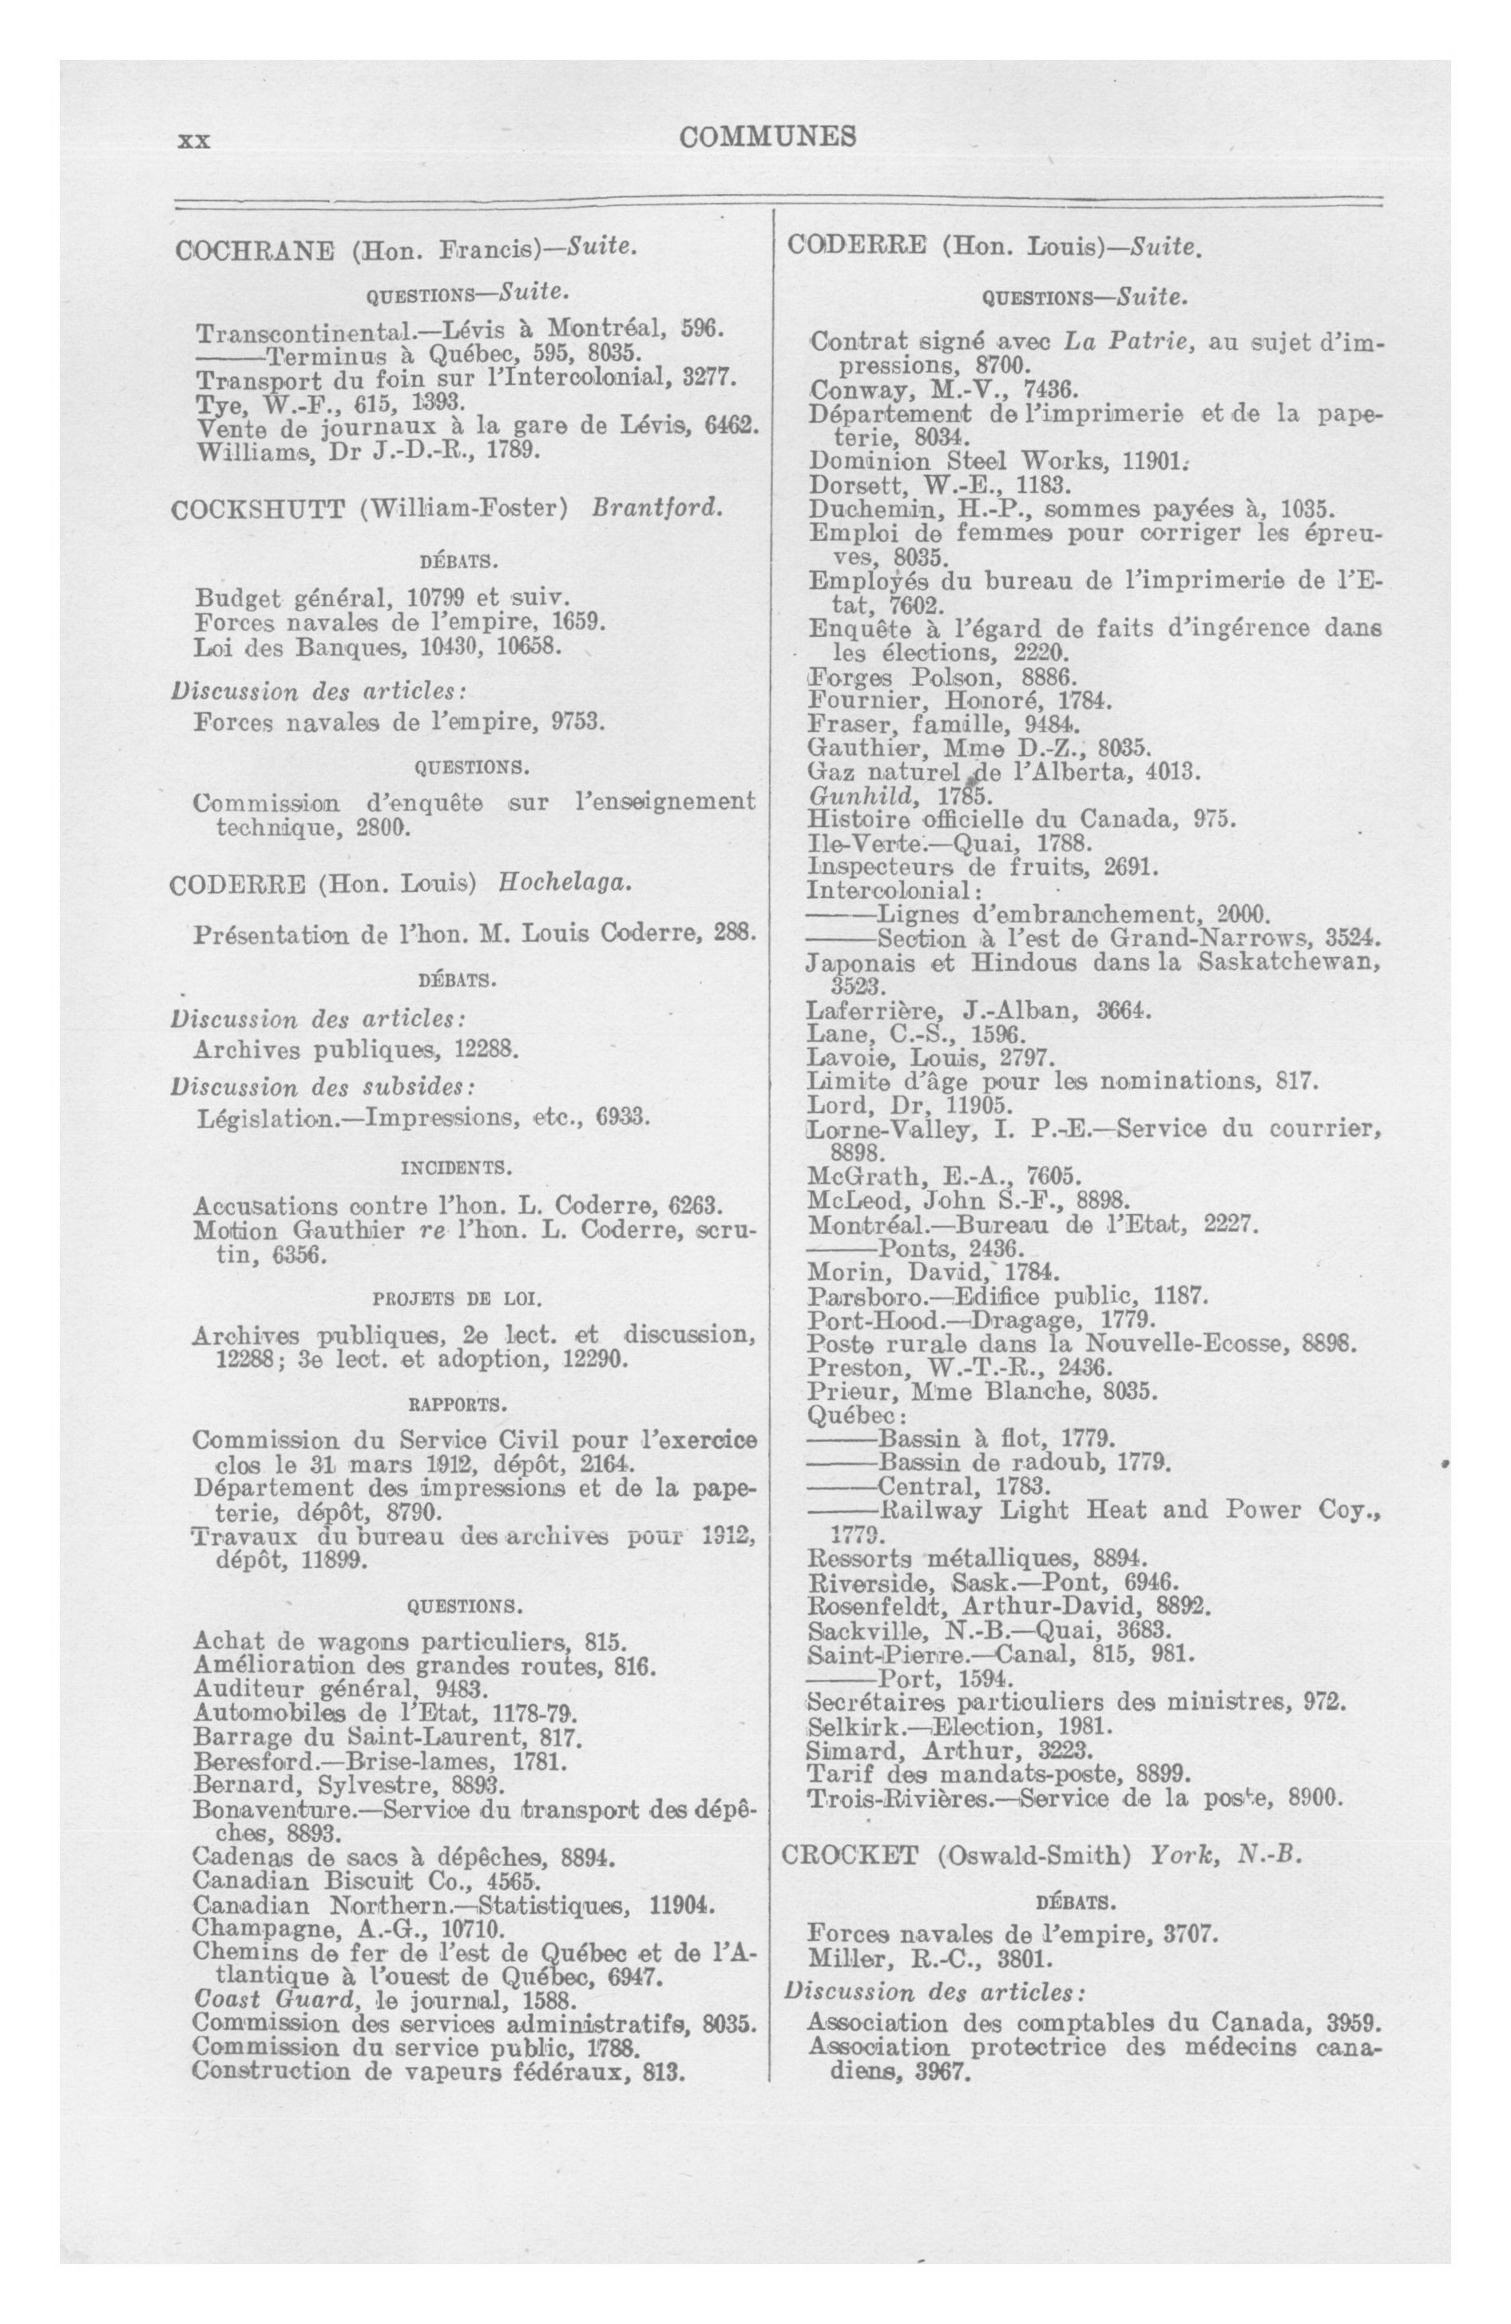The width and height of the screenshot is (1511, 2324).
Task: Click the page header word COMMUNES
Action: click(767, 137)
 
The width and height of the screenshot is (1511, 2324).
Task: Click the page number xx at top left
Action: click(193, 141)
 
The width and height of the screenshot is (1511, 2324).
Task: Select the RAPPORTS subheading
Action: click(457, 1405)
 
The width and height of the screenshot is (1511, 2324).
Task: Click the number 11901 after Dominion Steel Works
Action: click(1154, 461)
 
